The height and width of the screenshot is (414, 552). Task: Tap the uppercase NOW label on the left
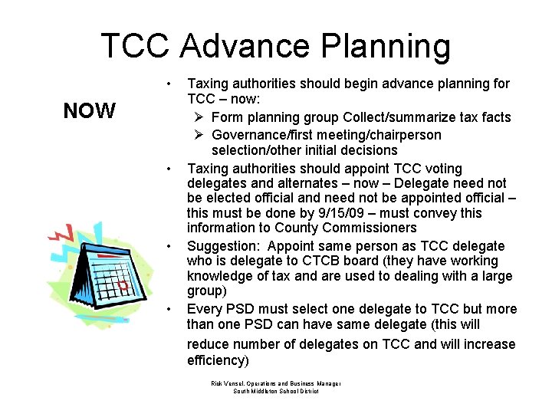(89, 111)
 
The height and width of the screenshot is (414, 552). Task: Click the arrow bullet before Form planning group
(199, 117)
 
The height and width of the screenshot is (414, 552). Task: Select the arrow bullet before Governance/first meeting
(199, 135)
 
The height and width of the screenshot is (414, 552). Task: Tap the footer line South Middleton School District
(275, 391)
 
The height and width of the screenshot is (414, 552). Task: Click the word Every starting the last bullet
(205, 309)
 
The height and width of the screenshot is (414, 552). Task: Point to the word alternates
(290, 183)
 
